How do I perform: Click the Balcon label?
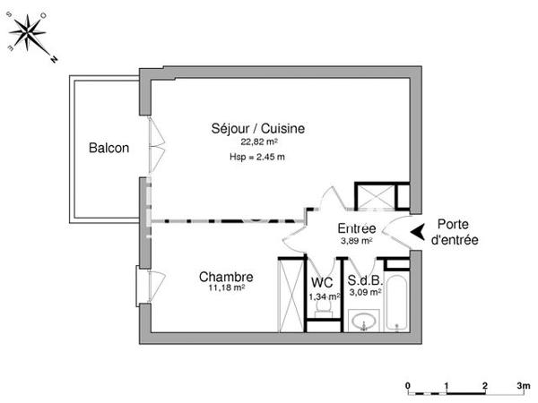pyautogui.click(x=108, y=149)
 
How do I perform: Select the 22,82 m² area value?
pyautogui.click(x=259, y=141)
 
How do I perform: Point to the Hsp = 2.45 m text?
pyautogui.click(x=257, y=158)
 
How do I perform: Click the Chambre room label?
pyautogui.click(x=225, y=277)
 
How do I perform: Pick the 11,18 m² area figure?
pyautogui.click(x=225, y=288)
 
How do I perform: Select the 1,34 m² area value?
pyautogui.click(x=323, y=296)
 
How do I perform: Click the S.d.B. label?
pyautogui.click(x=364, y=280)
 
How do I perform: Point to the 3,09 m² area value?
pyautogui.click(x=365, y=292)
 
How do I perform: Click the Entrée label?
pyautogui.click(x=356, y=227)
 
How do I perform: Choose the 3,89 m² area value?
pyautogui.click(x=356, y=240)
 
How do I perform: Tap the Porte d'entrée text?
pyautogui.click(x=455, y=232)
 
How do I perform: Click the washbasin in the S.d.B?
pyautogui.click(x=363, y=320)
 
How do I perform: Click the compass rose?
pyautogui.click(x=30, y=35)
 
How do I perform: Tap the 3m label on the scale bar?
pyautogui.click(x=523, y=386)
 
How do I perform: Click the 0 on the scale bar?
pyautogui.click(x=408, y=386)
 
